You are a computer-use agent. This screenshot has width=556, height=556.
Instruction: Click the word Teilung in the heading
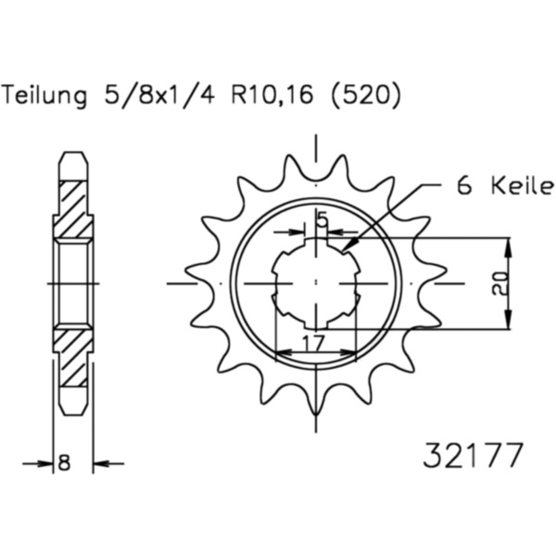(x=44, y=95)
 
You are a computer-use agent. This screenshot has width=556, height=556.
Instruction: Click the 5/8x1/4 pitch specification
(x=159, y=95)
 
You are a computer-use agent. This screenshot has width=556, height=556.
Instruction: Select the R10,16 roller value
(x=272, y=95)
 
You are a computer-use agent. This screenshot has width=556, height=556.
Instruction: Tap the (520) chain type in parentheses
(x=366, y=95)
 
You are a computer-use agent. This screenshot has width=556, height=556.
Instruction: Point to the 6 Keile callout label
(x=505, y=185)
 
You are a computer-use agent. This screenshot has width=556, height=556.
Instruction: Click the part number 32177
(x=473, y=455)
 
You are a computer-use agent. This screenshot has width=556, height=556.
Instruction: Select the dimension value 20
(x=499, y=284)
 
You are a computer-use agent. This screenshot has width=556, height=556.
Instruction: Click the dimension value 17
(x=314, y=342)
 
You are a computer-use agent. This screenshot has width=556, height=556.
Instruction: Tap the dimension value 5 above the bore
(x=322, y=220)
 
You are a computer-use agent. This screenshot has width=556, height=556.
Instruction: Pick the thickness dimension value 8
(x=64, y=462)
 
